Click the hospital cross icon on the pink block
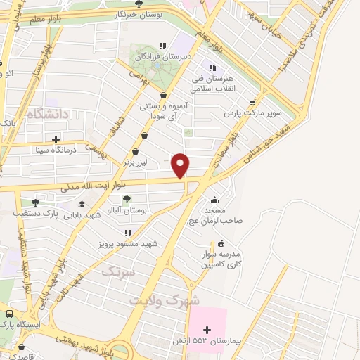[207, 329]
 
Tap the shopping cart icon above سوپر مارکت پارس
[252, 102]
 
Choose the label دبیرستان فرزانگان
[163, 55]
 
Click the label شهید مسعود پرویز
[128, 243]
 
